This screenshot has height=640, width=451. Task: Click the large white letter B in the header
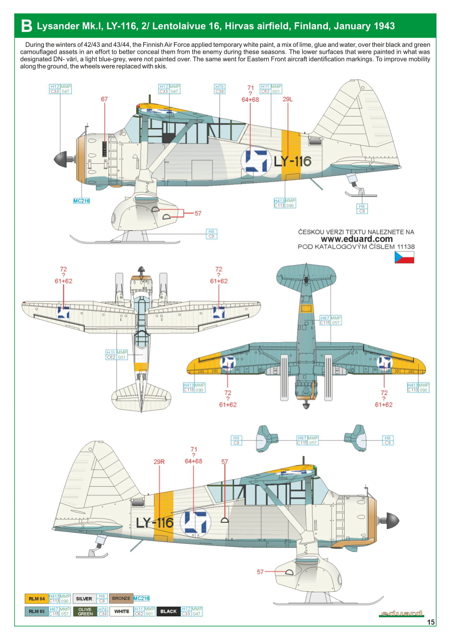26,26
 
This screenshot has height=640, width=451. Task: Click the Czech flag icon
404,257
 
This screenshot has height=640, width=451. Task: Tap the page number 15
431,622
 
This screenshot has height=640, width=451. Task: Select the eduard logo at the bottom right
402,613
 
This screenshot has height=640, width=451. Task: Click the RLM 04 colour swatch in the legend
36,599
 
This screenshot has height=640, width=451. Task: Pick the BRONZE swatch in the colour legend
121,598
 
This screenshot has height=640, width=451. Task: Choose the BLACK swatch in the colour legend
168,611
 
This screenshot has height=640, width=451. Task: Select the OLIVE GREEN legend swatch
85,611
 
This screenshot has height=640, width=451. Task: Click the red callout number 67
104,99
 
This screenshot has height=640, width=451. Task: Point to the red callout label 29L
287,99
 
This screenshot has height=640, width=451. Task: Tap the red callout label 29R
159,462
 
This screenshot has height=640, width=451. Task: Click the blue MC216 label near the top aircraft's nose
82,201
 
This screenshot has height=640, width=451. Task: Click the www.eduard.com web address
356,239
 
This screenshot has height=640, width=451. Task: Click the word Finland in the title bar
311,26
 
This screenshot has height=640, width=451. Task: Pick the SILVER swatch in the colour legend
84,599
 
